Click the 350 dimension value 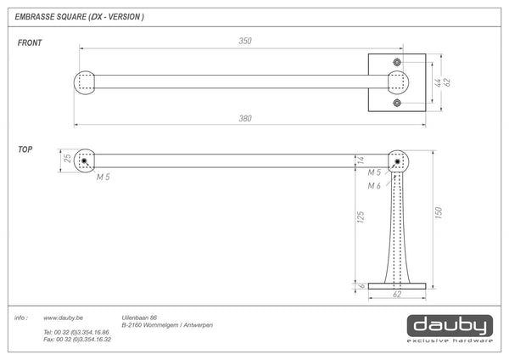click(245, 41)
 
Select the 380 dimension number click(245, 118)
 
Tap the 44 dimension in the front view click(438, 82)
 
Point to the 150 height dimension click(439, 212)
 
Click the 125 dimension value click(361, 217)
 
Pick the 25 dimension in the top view click(67, 158)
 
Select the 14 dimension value click(361, 160)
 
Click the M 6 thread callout click(374, 186)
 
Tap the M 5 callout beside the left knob click(103, 177)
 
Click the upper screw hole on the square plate click(397, 62)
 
